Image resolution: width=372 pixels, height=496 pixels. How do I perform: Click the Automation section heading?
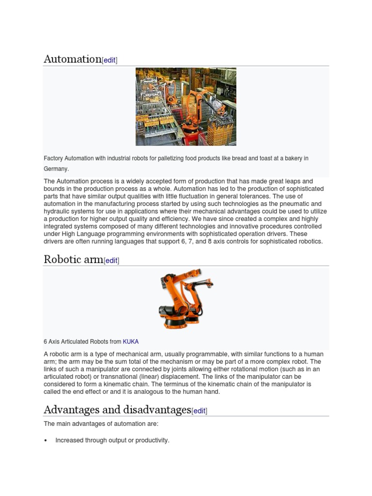[x=72, y=59]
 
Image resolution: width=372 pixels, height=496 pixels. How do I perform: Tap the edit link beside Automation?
[x=109, y=60]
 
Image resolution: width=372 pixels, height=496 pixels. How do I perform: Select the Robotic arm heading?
[x=73, y=259]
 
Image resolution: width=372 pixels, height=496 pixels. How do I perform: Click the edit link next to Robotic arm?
[x=111, y=261]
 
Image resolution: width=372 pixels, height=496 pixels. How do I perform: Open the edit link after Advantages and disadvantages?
[x=199, y=411]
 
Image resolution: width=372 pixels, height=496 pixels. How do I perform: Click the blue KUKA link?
[x=131, y=341]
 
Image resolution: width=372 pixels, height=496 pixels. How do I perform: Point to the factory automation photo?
[x=186, y=107]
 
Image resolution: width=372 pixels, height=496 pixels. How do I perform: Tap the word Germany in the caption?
[x=56, y=169]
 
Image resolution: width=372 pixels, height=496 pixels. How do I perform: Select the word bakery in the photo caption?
[x=288, y=158]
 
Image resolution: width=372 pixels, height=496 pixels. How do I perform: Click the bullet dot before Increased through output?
[x=46, y=441]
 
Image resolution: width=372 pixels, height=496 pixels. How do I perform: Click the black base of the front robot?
[x=174, y=323]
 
